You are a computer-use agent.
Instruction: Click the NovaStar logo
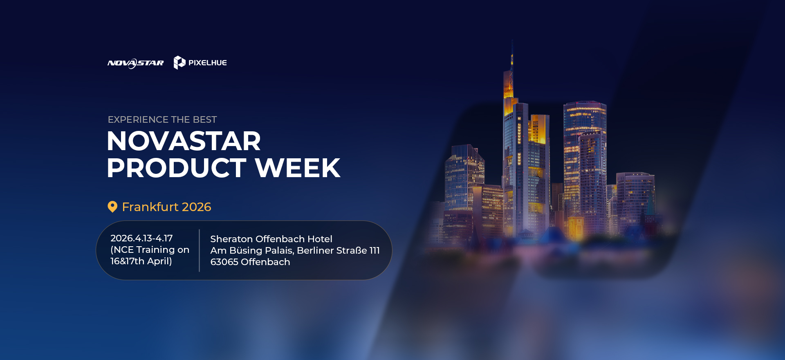[x=135, y=63]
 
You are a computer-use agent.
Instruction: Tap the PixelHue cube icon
[x=179, y=63]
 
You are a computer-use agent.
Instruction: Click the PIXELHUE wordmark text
[x=207, y=63]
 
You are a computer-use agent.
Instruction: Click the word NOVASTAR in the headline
[x=184, y=141]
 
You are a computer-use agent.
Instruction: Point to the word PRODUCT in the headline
[x=177, y=168]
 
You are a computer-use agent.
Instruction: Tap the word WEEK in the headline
[x=298, y=168]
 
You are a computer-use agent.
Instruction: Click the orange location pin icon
[x=112, y=207]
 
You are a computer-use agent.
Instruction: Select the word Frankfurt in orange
[x=150, y=207]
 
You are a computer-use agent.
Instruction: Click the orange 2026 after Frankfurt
[x=197, y=207]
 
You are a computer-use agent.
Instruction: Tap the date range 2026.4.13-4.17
[x=141, y=238]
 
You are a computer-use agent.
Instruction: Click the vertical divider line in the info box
[x=200, y=250]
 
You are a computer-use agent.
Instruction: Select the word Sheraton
[x=231, y=239]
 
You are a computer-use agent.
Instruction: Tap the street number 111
[x=375, y=250]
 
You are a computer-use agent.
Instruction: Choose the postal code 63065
[x=224, y=262]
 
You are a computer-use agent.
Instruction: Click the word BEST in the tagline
[x=205, y=119]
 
